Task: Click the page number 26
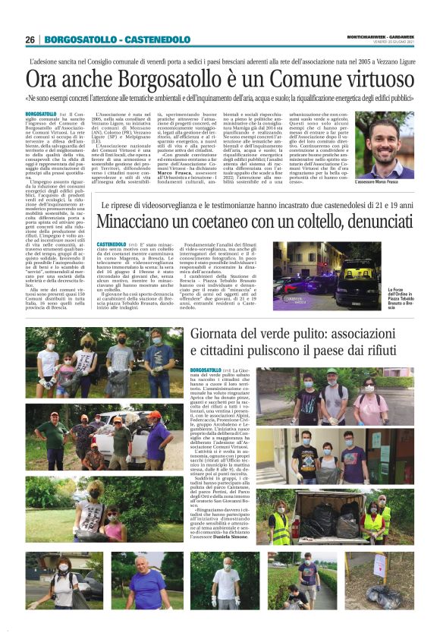30,39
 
